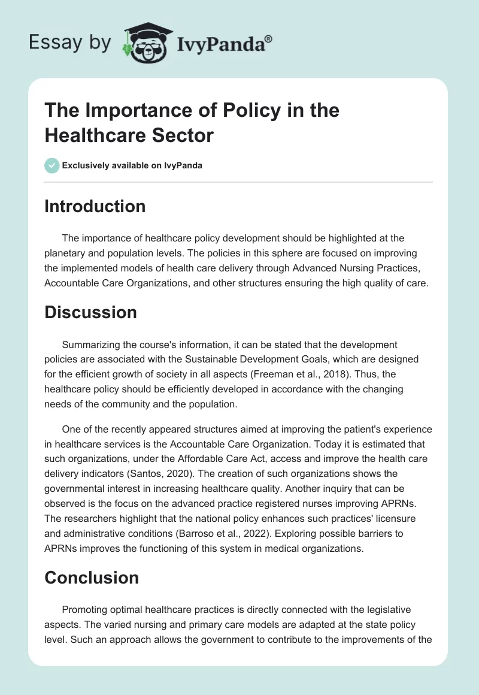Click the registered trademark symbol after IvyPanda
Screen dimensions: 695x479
[269, 39]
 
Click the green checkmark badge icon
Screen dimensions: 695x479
[52, 165]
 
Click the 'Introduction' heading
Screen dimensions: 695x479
[95, 206]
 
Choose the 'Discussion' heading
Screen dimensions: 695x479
[90, 312]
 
